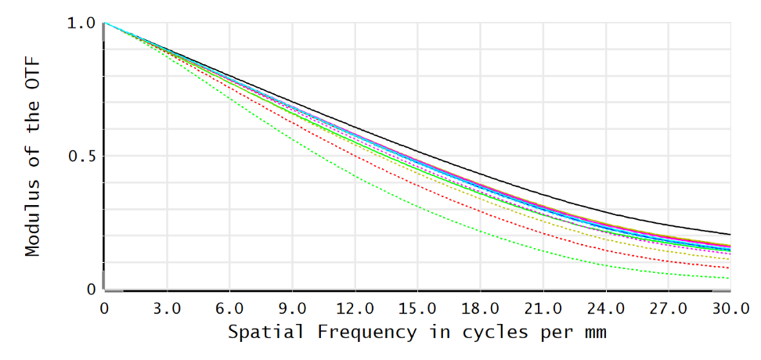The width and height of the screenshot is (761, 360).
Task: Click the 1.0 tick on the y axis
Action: (x=81, y=23)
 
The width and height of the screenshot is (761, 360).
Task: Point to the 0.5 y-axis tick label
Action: (x=81, y=156)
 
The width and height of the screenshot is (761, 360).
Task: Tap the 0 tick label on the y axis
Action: (x=92, y=289)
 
